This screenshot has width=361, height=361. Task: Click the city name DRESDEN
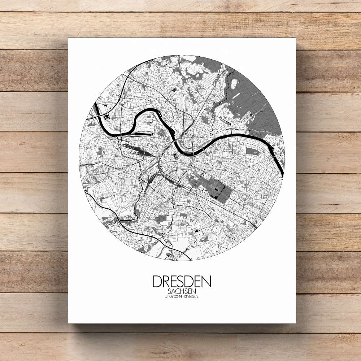point(182,282)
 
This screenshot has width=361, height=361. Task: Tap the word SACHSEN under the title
point(182,291)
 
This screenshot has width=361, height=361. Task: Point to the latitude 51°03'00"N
point(172,297)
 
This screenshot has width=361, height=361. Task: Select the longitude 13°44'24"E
point(191,297)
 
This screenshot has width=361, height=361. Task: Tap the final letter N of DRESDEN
point(206,282)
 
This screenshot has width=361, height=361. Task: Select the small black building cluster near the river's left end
point(107,117)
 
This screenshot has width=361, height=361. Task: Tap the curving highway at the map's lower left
point(119,220)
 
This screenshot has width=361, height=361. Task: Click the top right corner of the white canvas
point(296,38)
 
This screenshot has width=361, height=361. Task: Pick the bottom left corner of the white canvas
point(69,323)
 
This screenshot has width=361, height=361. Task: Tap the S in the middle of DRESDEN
point(182,282)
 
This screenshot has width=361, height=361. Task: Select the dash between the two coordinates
point(182,297)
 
